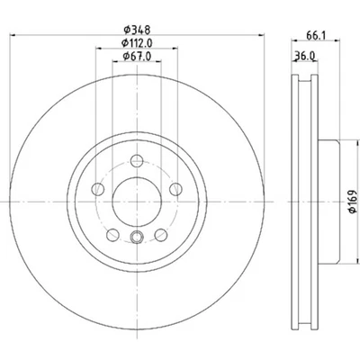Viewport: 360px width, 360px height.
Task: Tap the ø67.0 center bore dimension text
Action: coord(135,58)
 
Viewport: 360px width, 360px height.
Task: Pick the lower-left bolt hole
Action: coord(113,236)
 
